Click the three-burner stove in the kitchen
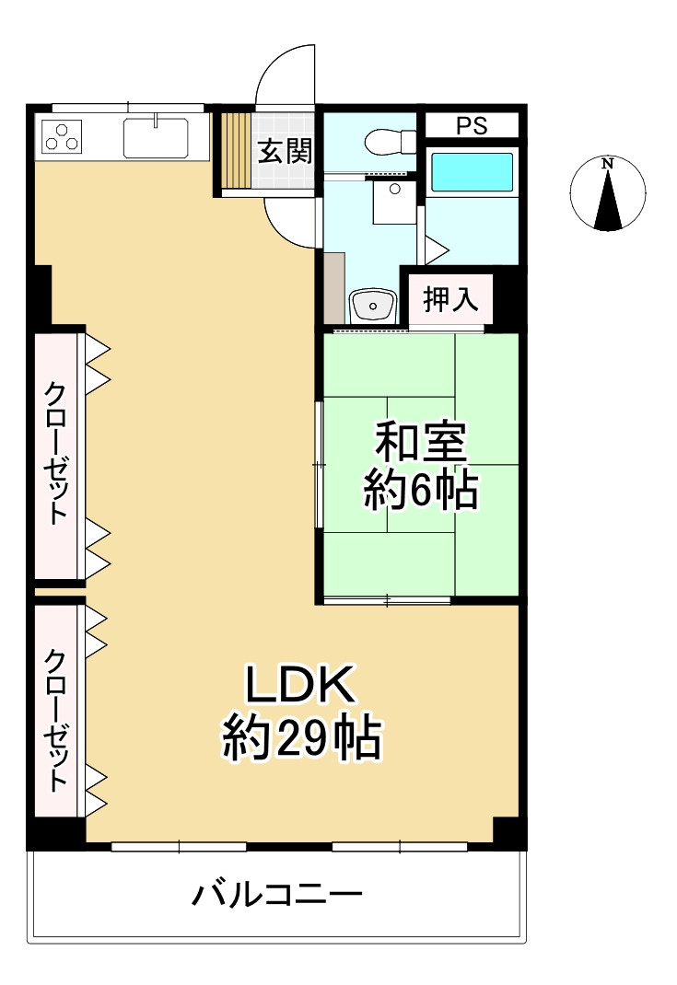point(61,137)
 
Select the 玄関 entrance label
point(284,151)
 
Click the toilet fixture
point(391,142)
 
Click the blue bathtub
point(473,172)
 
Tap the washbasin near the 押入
point(373,304)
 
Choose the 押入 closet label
point(450,299)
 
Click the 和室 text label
point(420,444)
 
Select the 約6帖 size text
point(420,492)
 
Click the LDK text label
point(300,686)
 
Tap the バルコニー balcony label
point(276,894)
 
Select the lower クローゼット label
point(57,721)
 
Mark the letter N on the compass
point(606,165)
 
